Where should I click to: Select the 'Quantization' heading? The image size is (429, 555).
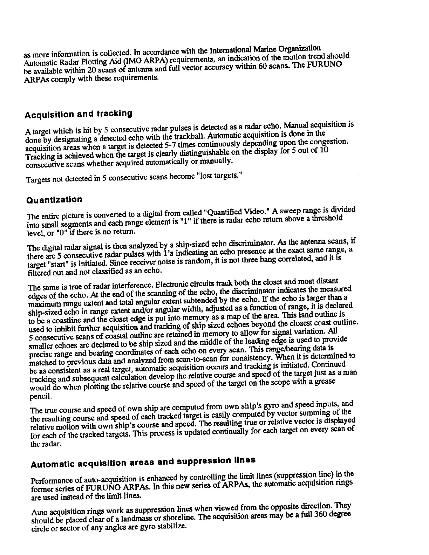[x=54, y=200]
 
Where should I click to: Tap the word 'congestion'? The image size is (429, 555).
[x=329, y=142]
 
